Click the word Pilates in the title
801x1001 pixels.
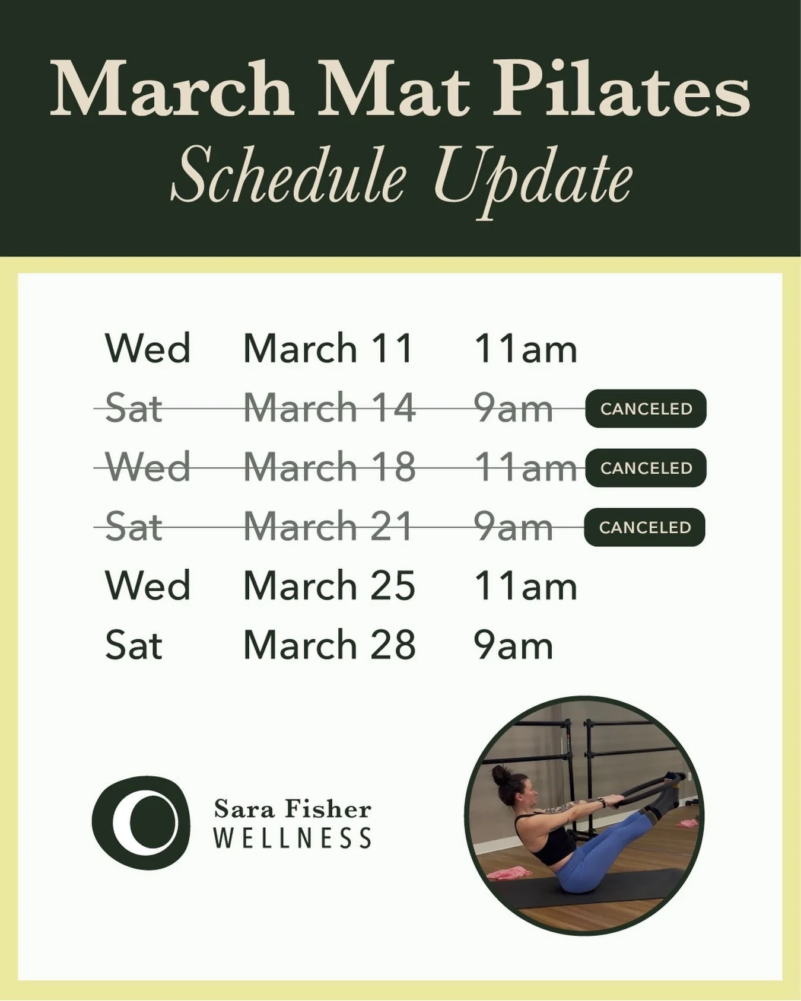click(622, 89)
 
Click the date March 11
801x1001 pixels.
click(328, 348)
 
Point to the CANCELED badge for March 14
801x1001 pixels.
click(646, 409)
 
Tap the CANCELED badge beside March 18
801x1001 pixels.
click(646, 468)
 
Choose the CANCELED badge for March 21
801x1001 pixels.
click(644, 527)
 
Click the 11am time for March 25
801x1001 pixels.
click(525, 586)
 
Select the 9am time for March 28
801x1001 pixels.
click(513, 645)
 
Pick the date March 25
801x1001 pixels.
click(329, 586)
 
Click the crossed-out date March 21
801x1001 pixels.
click(328, 527)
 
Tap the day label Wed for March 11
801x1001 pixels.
click(147, 348)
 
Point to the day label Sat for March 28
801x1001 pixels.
click(133, 645)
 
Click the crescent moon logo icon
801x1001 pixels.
click(141, 823)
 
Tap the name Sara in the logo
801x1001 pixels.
click(244, 809)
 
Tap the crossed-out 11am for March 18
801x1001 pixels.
click(525, 468)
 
